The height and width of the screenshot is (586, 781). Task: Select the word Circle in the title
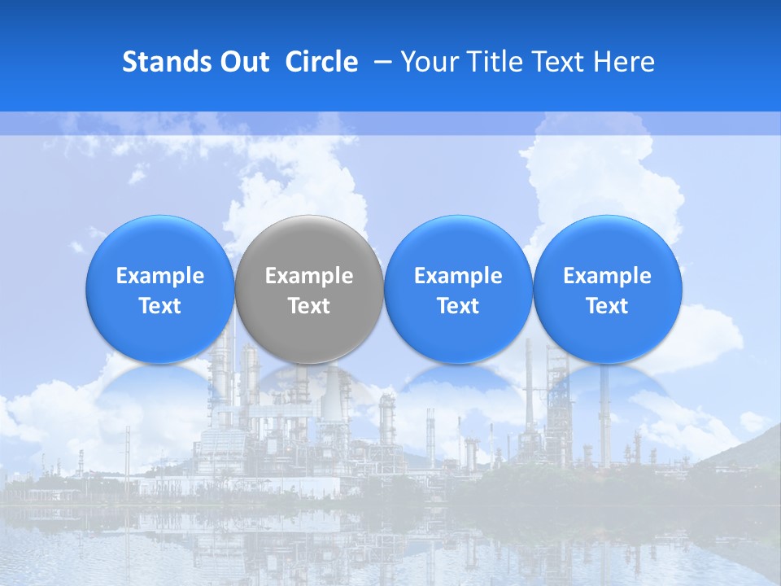pos(321,62)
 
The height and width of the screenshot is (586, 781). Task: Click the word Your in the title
pos(426,62)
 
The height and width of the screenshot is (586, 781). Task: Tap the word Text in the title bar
pos(553,62)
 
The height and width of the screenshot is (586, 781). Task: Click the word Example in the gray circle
pos(309,277)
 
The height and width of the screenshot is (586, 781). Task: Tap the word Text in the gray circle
pos(309,306)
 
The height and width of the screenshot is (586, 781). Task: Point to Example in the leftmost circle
pos(160,277)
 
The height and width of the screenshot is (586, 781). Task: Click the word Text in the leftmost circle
pos(160,306)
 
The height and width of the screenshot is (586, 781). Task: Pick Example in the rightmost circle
pos(608,277)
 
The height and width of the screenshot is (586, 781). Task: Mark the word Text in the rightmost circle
pos(608,306)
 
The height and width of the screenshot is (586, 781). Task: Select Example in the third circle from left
pos(459,277)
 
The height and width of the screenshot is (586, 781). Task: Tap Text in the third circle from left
pos(459,306)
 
